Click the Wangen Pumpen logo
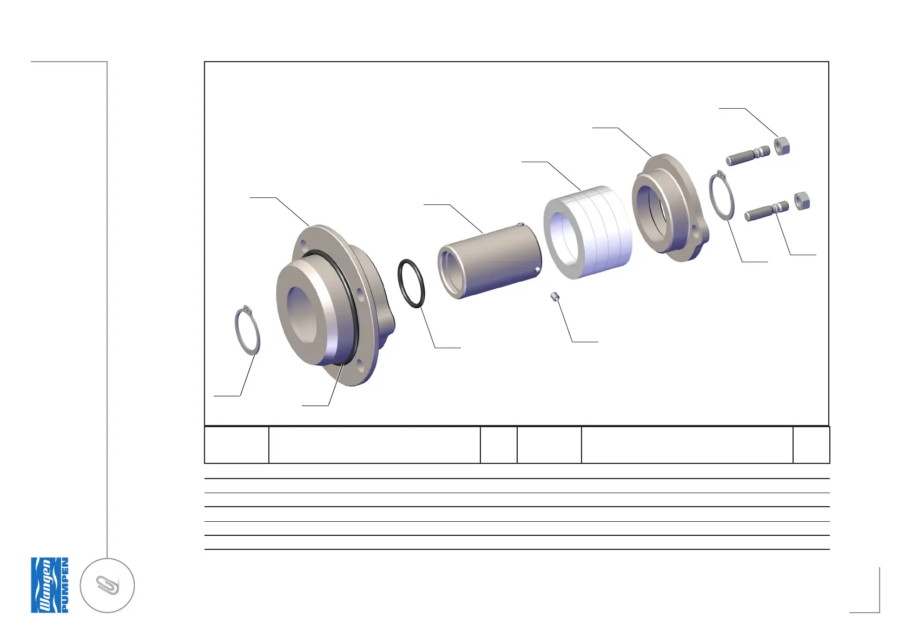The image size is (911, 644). click(50, 585)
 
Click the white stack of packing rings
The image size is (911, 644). click(587, 232)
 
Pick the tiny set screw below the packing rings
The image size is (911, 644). click(554, 296)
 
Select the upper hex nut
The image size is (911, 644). click(781, 147)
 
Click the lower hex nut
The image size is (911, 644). click(802, 201)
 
